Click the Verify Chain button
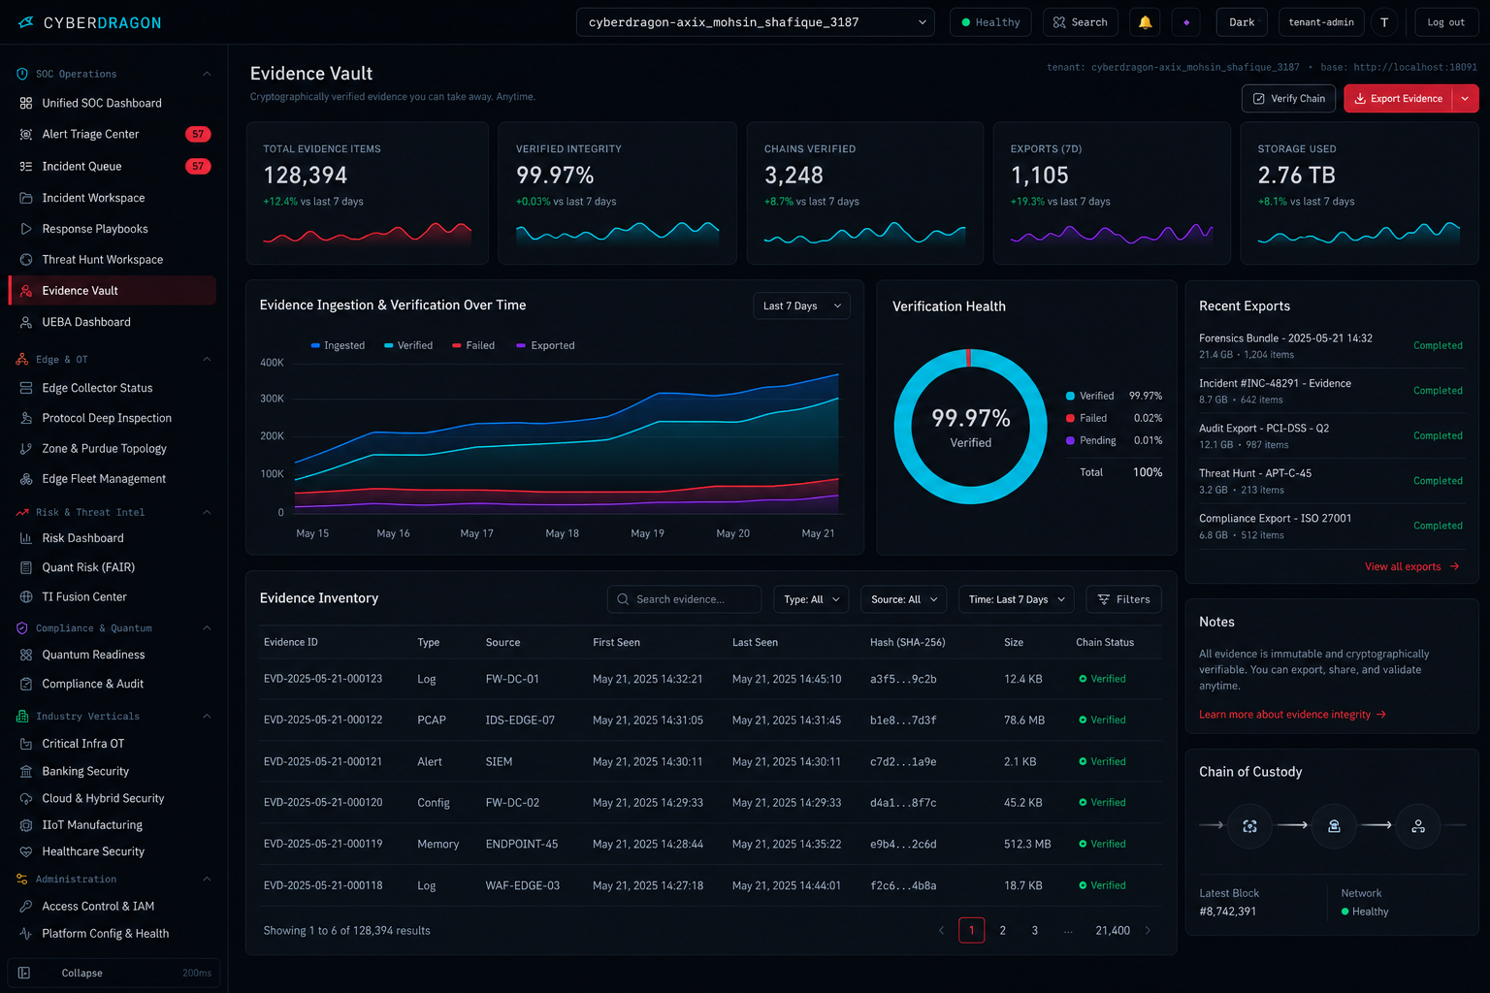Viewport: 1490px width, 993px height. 1288,99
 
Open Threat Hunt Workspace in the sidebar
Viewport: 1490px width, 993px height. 103,259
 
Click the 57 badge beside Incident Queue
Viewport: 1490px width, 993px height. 198,166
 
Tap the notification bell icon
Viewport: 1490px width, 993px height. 1145,22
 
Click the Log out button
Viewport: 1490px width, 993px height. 1445,22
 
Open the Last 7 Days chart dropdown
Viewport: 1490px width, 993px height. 801,305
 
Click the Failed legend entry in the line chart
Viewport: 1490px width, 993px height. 473,345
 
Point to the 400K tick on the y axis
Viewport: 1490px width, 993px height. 272,363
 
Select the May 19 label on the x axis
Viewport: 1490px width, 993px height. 647,533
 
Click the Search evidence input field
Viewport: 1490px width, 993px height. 684,599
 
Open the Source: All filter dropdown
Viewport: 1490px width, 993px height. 903,599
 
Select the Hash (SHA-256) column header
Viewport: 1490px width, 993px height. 907,643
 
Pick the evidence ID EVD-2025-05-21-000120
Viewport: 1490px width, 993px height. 323,803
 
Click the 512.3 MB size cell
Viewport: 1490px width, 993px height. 1027,844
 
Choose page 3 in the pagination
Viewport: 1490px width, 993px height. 1034,931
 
